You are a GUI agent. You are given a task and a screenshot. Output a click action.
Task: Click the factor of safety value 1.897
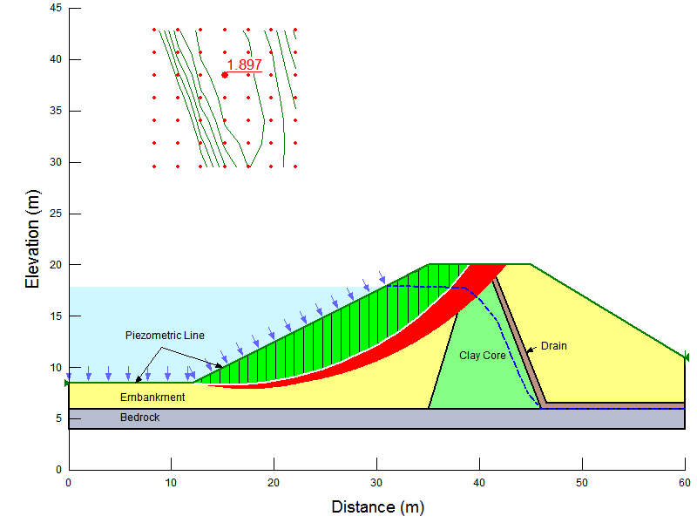tap(244, 65)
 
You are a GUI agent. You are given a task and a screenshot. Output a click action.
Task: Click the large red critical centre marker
tap(225, 75)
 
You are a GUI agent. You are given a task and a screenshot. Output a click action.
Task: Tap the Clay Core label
tap(483, 356)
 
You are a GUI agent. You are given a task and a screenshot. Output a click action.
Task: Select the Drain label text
tap(553, 346)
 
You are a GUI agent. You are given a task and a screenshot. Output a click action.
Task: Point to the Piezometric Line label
tap(165, 335)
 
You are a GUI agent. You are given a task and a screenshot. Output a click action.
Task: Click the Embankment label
tap(152, 397)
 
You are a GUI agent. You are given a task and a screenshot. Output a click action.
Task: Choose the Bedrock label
tap(139, 418)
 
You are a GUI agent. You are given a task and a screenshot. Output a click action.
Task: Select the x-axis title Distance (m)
tap(377, 506)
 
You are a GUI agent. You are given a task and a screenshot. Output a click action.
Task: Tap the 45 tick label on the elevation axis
tap(54, 8)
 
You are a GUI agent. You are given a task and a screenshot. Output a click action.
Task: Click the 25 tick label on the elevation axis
tap(54, 213)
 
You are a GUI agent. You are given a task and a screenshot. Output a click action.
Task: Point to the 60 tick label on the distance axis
tap(684, 482)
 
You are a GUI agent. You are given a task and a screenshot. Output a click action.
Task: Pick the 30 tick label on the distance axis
tap(376, 482)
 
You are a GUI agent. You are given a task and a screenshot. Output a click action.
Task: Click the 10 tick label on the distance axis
tap(171, 482)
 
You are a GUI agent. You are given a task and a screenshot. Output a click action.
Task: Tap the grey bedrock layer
tap(348, 419)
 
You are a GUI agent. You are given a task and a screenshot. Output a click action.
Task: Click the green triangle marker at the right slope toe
tap(686, 357)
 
